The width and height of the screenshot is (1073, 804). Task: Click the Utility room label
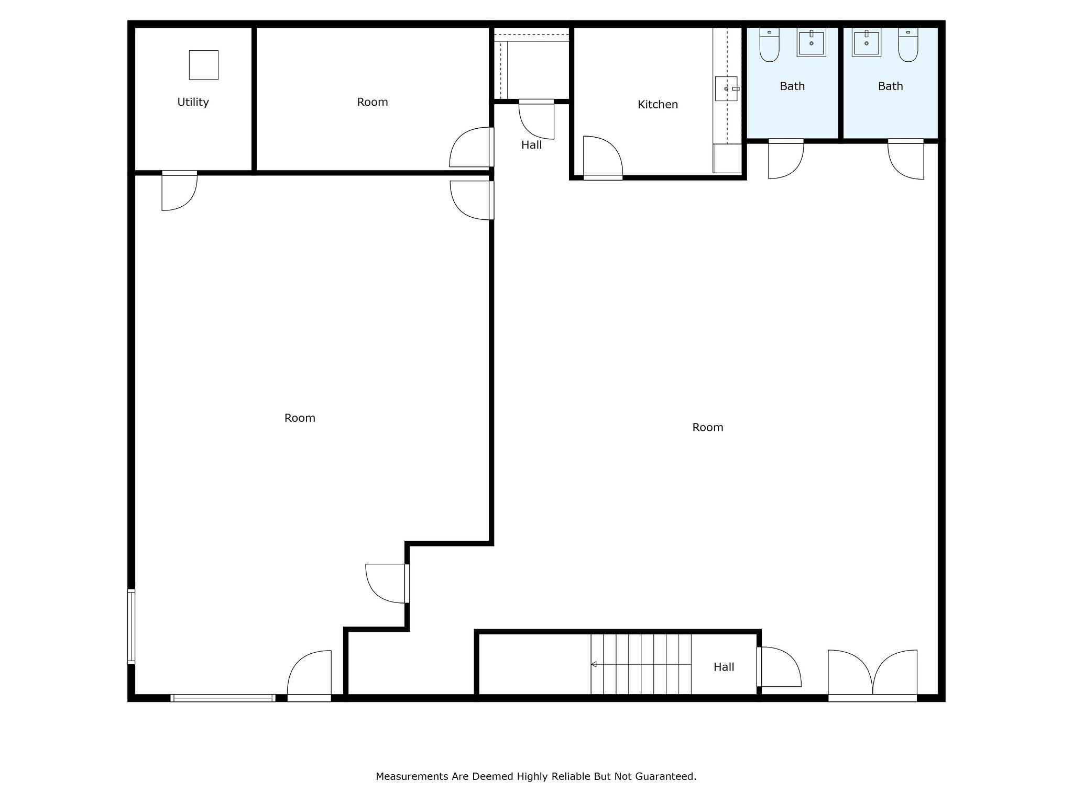click(193, 102)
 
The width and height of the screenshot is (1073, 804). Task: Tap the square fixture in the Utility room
click(203, 65)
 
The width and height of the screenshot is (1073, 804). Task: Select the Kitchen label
click(658, 105)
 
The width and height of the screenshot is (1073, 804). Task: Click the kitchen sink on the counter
click(726, 88)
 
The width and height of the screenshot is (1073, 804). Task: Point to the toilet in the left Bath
click(769, 46)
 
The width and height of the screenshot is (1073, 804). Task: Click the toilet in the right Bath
click(908, 46)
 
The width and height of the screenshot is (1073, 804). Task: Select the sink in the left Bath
click(811, 43)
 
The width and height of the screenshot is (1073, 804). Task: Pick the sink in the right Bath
click(866, 43)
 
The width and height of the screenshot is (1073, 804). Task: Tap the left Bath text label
click(792, 86)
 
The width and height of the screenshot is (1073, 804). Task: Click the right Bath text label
click(890, 86)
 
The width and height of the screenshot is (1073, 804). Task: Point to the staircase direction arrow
click(594, 664)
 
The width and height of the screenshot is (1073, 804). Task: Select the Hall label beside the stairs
click(724, 667)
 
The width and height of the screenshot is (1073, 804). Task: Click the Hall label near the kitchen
click(531, 145)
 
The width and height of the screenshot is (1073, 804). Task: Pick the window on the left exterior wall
click(131, 627)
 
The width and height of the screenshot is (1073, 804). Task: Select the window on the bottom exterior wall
click(223, 698)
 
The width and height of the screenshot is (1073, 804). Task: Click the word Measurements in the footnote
click(412, 776)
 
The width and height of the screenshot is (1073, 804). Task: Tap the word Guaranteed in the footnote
click(665, 776)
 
